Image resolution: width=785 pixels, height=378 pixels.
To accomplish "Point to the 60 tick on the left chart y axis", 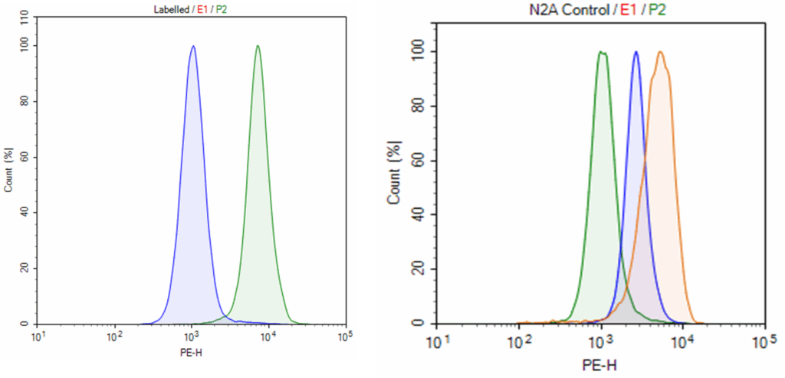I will click(x=25, y=157).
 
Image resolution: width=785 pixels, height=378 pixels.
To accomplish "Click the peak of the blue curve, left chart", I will click(x=193, y=46).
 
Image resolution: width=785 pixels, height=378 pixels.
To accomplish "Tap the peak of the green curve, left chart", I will click(x=258, y=46).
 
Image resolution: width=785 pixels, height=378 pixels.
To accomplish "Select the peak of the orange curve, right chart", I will click(x=660, y=52).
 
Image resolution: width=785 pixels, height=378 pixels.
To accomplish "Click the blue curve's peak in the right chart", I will click(x=636, y=52).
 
